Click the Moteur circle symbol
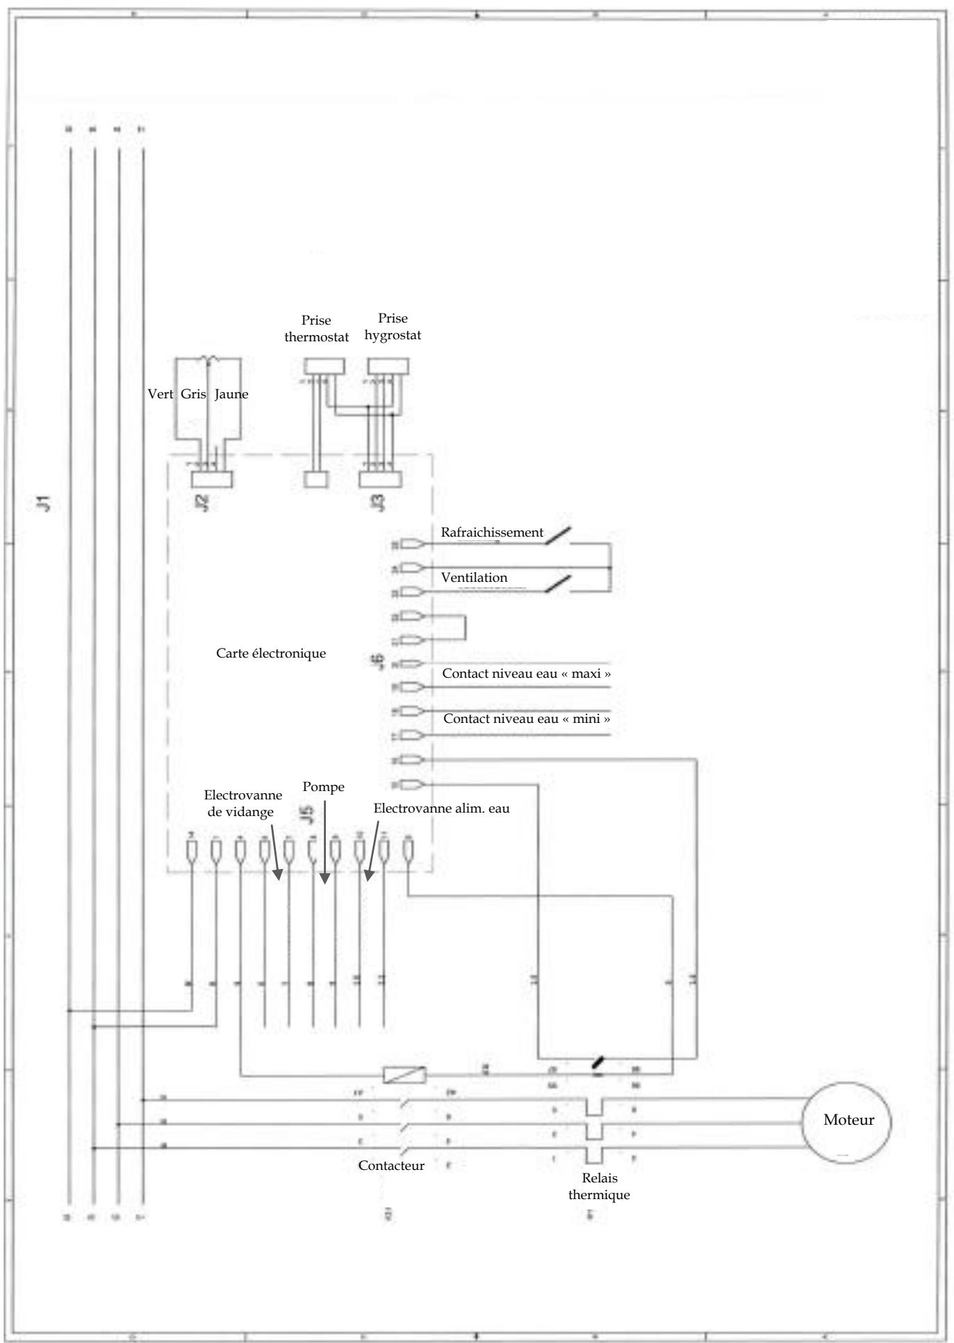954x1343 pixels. point(846,1121)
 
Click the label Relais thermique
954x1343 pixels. point(599,1187)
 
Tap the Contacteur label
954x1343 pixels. point(391,1166)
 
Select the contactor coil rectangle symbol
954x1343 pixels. point(405,1075)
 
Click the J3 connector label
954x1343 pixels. point(379,502)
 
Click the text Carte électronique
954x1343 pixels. point(271,653)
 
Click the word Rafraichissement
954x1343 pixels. point(492,532)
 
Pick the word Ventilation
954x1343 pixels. point(474,578)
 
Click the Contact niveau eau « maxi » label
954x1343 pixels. point(527,674)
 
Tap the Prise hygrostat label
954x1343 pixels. point(393,327)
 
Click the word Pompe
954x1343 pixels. point(324,787)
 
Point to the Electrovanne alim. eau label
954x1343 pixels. point(441,808)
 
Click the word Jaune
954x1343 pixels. point(231,394)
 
